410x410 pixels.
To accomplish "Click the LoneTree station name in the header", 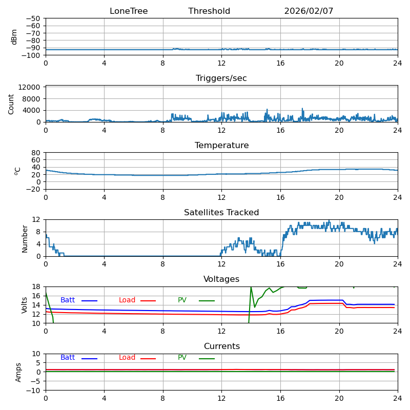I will tap(129, 11).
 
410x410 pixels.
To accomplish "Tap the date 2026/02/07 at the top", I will tap(309, 11).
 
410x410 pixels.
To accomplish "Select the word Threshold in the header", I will tap(209, 11).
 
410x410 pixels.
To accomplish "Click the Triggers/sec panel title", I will tap(221, 78).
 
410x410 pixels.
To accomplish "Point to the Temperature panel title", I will tap(221, 146).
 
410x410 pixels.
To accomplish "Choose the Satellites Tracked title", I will tap(221, 213).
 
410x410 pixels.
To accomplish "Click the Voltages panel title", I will tap(221, 279).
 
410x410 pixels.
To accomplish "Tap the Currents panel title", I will tap(221, 346).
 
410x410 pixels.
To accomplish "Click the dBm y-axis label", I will tap(14, 37).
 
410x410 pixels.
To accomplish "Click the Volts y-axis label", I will tap(25, 305).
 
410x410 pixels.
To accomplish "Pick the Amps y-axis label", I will tap(18, 372).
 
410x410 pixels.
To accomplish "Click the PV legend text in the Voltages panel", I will tap(183, 300).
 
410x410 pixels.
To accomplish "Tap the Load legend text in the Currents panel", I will tap(127, 358).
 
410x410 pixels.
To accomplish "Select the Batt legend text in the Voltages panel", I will tap(68, 300).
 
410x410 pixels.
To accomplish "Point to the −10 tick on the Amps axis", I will tap(34, 391).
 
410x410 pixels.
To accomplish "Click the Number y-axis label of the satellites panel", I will tap(25, 238).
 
